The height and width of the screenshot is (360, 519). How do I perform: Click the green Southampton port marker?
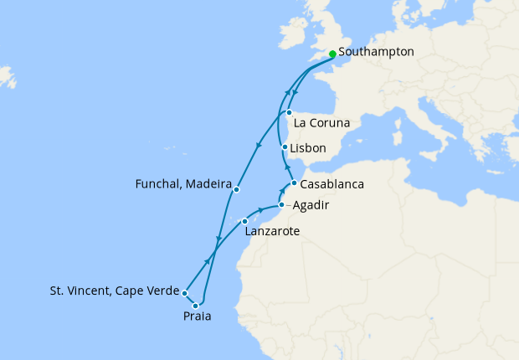coord(332,54)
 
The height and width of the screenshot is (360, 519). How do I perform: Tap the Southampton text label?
coord(377,52)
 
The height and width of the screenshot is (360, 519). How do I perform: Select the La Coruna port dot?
coord(289,112)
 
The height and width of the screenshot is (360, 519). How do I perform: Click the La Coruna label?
coord(322,123)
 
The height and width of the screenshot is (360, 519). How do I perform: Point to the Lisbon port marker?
coord(285,148)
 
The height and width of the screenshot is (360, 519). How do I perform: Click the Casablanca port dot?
coord(294,183)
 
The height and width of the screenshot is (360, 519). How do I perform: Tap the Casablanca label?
coord(332,184)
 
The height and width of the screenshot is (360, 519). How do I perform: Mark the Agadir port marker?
coord(282,204)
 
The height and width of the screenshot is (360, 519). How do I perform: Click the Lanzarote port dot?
coord(244,221)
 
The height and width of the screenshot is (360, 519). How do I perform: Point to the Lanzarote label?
coord(272,231)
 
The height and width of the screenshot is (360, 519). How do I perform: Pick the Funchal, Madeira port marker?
coord(237,189)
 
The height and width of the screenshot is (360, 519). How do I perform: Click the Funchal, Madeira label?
coord(182,183)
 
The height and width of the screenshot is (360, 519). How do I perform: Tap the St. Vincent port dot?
coord(185,293)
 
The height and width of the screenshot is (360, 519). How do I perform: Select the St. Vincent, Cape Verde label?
coord(114,292)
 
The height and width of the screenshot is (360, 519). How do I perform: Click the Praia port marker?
coord(196,306)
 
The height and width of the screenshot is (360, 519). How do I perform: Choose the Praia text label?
coord(197,316)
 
